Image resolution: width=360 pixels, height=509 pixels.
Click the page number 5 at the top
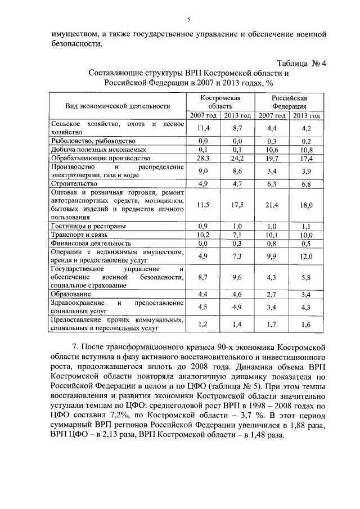pos(189,20)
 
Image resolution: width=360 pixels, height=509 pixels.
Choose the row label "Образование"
pos(71,294)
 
